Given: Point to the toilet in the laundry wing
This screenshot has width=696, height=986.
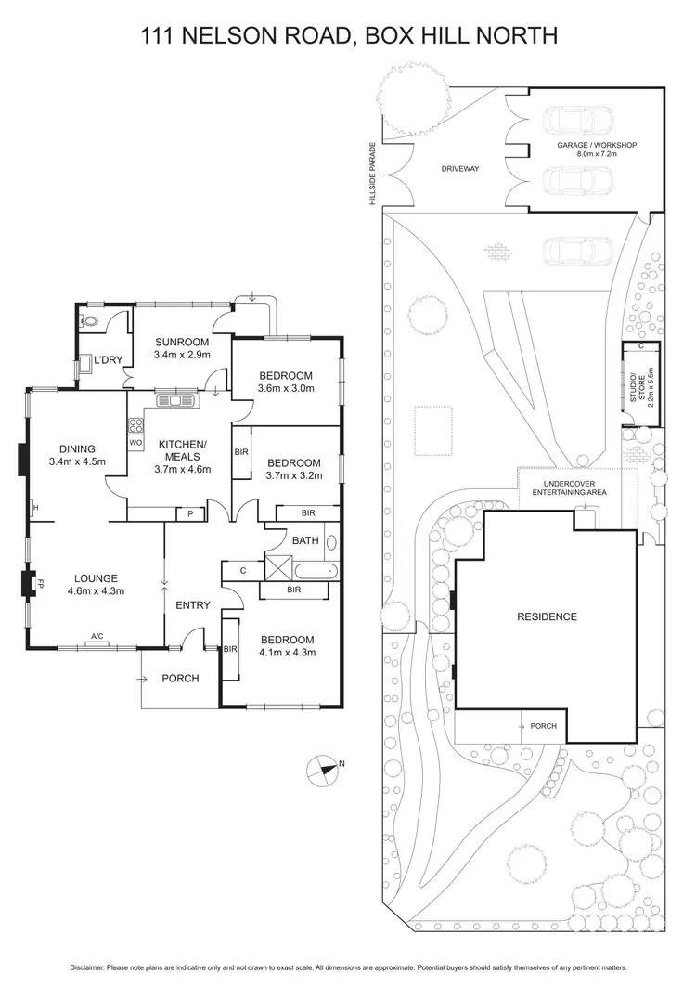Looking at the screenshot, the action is click(x=90, y=322).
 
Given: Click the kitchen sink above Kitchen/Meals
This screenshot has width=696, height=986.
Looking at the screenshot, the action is click(x=176, y=401).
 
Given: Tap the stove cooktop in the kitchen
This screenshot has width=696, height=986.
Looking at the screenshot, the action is click(x=135, y=427).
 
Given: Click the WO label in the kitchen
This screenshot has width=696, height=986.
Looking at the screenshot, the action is click(x=135, y=442).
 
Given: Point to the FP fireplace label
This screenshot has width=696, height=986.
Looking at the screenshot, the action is click(x=41, y=584).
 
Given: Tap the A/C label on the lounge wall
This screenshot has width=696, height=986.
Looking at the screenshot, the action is click(x=97, y=637).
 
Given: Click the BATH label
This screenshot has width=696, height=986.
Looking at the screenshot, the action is click(x=305, y=539).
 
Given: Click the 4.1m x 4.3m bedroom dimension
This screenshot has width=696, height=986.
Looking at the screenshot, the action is click(x=287, y=652).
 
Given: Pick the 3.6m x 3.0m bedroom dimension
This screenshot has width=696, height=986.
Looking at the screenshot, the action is click(x=285, y=388).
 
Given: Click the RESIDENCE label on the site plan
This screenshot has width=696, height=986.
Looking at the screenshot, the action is click(x=547, y=616).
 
